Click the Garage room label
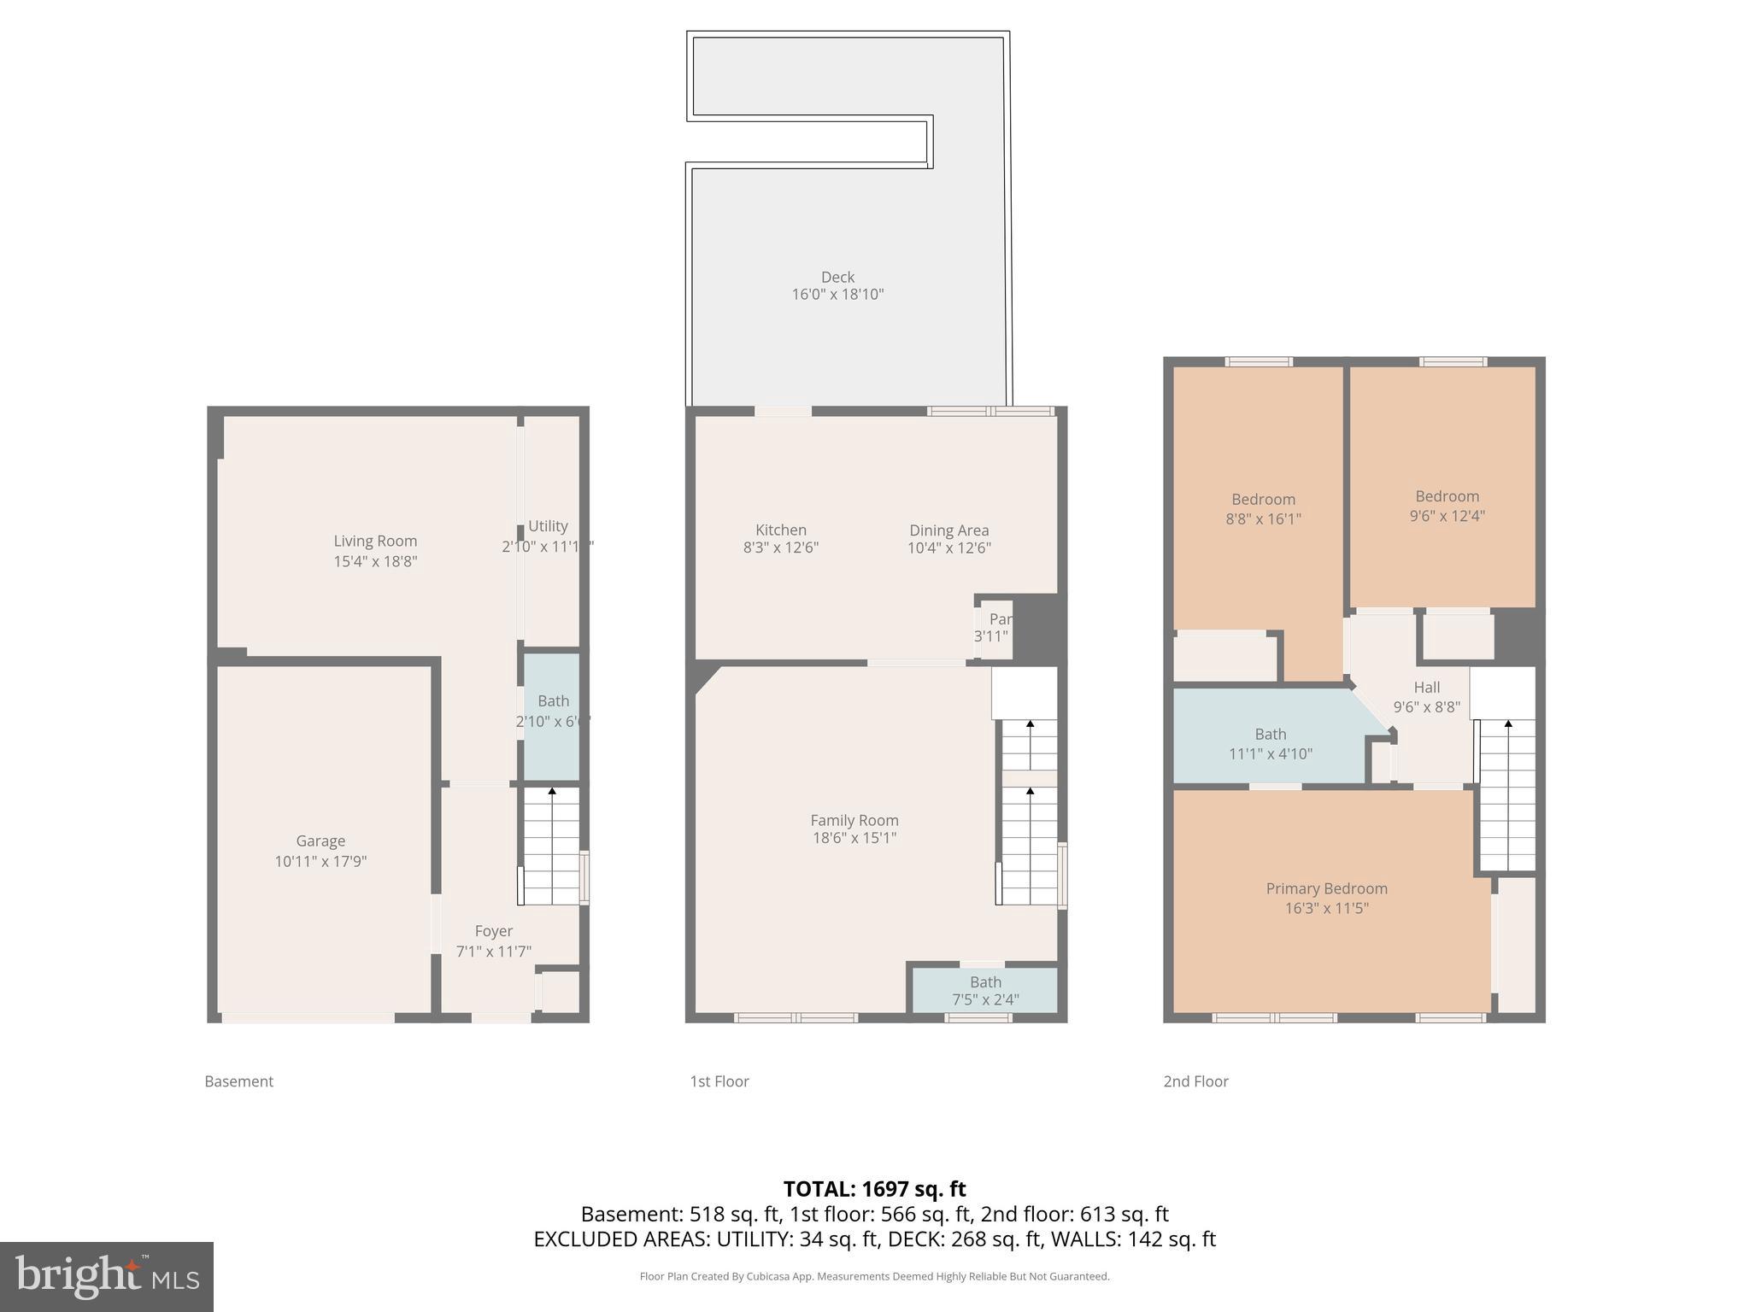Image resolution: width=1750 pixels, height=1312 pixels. tap(320, 841)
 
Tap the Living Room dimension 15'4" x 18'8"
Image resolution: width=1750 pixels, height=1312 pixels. tap(375, 561)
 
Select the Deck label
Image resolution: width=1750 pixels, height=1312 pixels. tap(837, 277)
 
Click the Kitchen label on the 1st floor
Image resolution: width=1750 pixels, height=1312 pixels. tap(780, 530)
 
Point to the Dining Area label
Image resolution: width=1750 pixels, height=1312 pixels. tap(948, 530)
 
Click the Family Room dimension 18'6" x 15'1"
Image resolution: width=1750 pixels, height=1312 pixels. tap(854, 838)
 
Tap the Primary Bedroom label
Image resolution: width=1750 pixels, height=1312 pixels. tap(1326, 888)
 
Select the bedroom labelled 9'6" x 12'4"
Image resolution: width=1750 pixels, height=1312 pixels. tap(1447, 506)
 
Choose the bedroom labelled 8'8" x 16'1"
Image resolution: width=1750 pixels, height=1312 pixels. tap(1263, 508)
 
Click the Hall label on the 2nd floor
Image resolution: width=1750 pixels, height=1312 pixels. tap(1426, 687)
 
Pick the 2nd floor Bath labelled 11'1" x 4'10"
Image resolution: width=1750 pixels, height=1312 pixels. tap(1270, 743)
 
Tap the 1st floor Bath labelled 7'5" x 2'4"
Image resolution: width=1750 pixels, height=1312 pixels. tap(985, 991)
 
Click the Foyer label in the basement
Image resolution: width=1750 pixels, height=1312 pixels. tap(493, 931)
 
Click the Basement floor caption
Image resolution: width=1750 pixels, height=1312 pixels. tap(238, 1081)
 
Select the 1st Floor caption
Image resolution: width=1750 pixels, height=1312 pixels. tap(719, 1081)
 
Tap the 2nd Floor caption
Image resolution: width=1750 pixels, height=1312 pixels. tap(1195, 1081)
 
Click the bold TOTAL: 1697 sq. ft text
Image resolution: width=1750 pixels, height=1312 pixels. tap(874, 1188)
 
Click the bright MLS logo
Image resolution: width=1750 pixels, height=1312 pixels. tap(107, 1276)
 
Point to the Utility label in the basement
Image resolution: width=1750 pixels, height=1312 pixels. tap(547, 526)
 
